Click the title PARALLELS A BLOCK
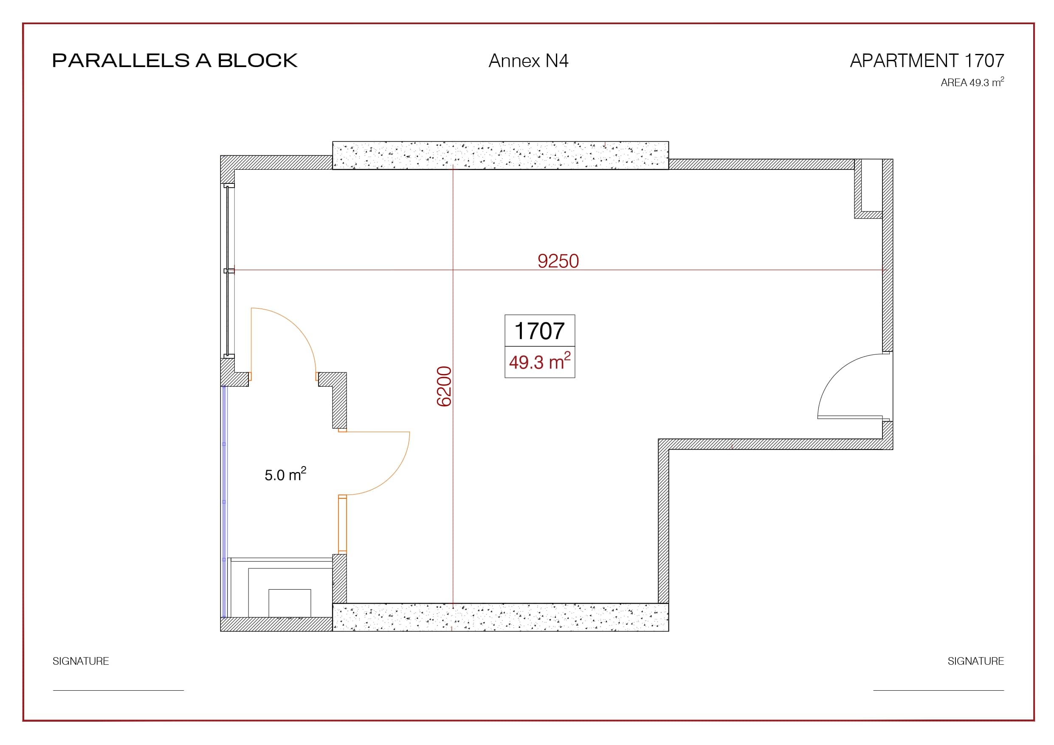(175, 61)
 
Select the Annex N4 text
(528, 61)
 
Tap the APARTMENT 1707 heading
(927, 61)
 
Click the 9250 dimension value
(558, 261)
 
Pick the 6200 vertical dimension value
(444, 386)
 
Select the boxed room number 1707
(539, 331)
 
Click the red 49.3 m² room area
(539, 362)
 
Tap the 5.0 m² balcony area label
(285, 474)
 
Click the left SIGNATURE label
(81, 661)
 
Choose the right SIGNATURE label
(976, 661)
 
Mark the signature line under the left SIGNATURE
(118, 690)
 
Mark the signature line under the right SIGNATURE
(938, 690)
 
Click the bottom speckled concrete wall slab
(500, 617)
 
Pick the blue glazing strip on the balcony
(224, 502)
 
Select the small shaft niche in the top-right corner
(868, 188)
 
